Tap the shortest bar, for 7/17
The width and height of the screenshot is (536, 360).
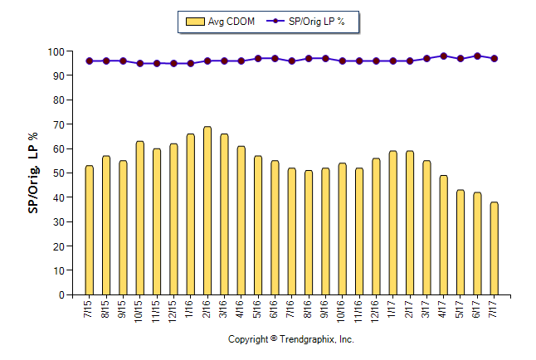point(494,249)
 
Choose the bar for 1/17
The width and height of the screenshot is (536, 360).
point(392,223)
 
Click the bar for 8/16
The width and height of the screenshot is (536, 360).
point(309,233)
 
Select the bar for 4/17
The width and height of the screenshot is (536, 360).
point(443,236)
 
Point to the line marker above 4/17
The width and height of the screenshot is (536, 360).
point(443,56)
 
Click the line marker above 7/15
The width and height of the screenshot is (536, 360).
point(89,61)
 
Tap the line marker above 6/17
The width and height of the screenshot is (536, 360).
point(477,56)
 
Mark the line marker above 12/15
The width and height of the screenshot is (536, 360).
point(173,63)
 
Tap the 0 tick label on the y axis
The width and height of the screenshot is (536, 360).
point(59,295)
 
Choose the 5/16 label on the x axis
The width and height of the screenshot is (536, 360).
point(258,311)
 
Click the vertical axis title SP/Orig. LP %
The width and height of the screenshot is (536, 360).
point(33,173)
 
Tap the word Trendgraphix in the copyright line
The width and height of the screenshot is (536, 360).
point(307,340)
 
